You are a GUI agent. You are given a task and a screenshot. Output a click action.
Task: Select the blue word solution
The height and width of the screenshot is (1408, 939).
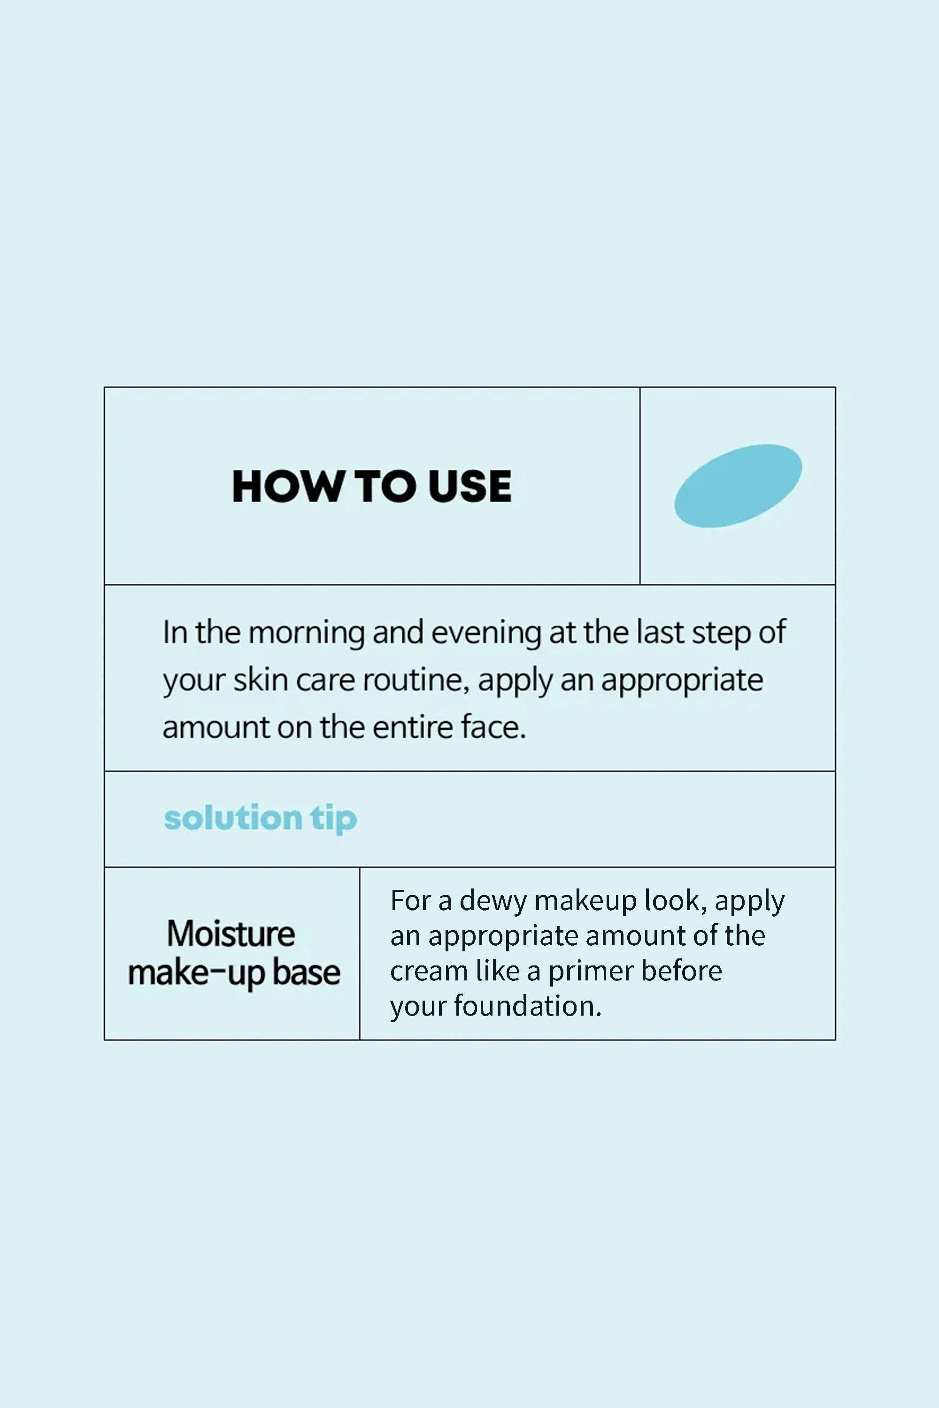233,818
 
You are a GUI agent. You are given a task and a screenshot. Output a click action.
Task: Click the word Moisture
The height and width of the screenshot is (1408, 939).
231,934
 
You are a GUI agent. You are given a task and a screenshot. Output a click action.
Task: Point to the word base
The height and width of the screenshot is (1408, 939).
306,972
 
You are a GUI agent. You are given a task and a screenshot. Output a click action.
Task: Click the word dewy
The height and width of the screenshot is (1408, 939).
492,902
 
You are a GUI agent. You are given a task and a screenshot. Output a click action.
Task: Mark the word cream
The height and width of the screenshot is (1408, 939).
429,972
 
